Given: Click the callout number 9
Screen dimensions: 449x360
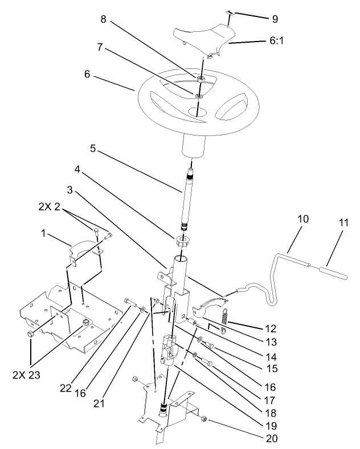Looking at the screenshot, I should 275,19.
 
